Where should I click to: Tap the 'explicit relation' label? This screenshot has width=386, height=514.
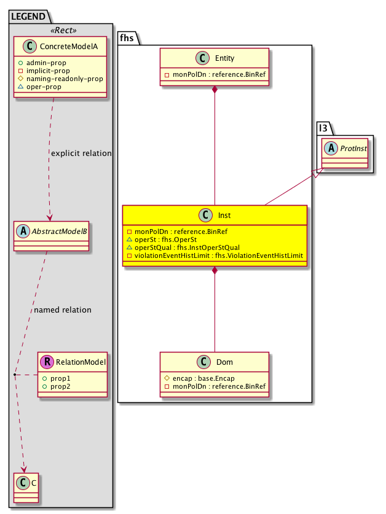coord(82,153)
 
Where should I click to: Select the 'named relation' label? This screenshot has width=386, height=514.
coord(63,310)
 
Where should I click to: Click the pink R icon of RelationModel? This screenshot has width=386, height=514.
coord(47,362)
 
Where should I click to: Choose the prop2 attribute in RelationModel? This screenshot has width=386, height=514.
coord(60,386)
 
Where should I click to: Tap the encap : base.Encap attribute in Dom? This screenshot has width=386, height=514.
coord(200,378)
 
